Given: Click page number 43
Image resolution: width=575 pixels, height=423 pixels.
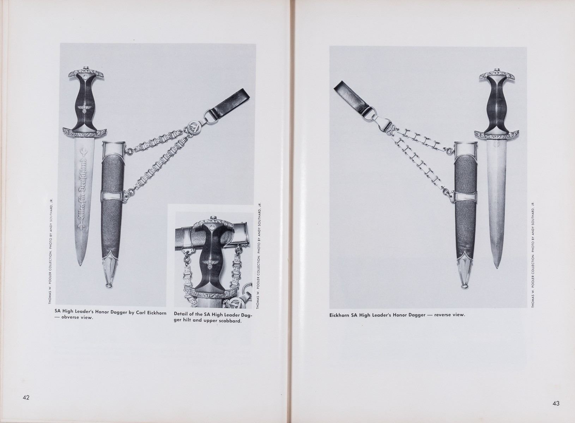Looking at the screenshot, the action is (556, 404).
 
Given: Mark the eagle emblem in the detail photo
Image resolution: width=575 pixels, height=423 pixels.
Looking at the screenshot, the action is (210, 264).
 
